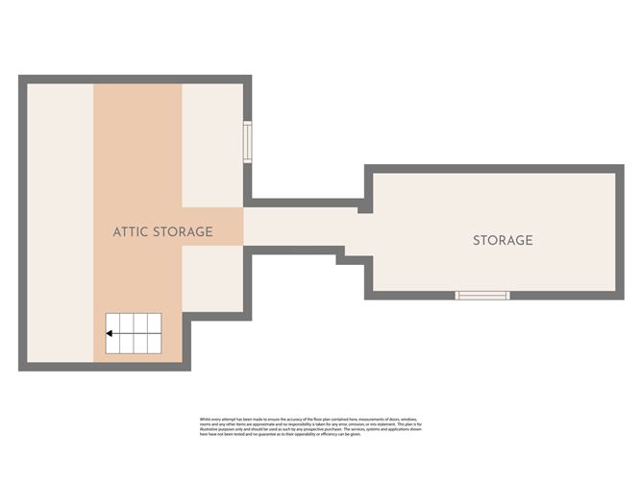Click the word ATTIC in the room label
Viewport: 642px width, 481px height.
[x=132, y=232]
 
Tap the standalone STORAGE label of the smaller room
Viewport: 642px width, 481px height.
[x=502, y=240]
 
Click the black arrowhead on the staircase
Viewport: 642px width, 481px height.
[x=110, y=334]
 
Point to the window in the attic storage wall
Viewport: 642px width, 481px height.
[x=248, y=143]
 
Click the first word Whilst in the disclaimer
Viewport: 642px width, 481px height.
[x=205, y=419]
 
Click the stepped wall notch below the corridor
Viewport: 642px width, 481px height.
[x=340, y=257]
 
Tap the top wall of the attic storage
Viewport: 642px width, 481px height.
[x=135, y=80]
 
